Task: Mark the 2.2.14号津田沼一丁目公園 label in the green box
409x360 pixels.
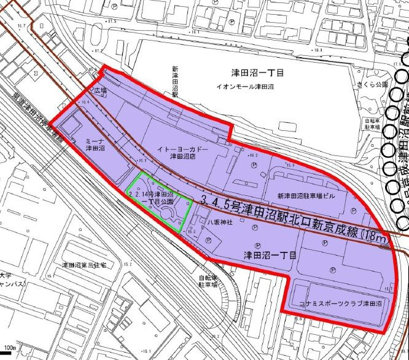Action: tap(151, 197)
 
